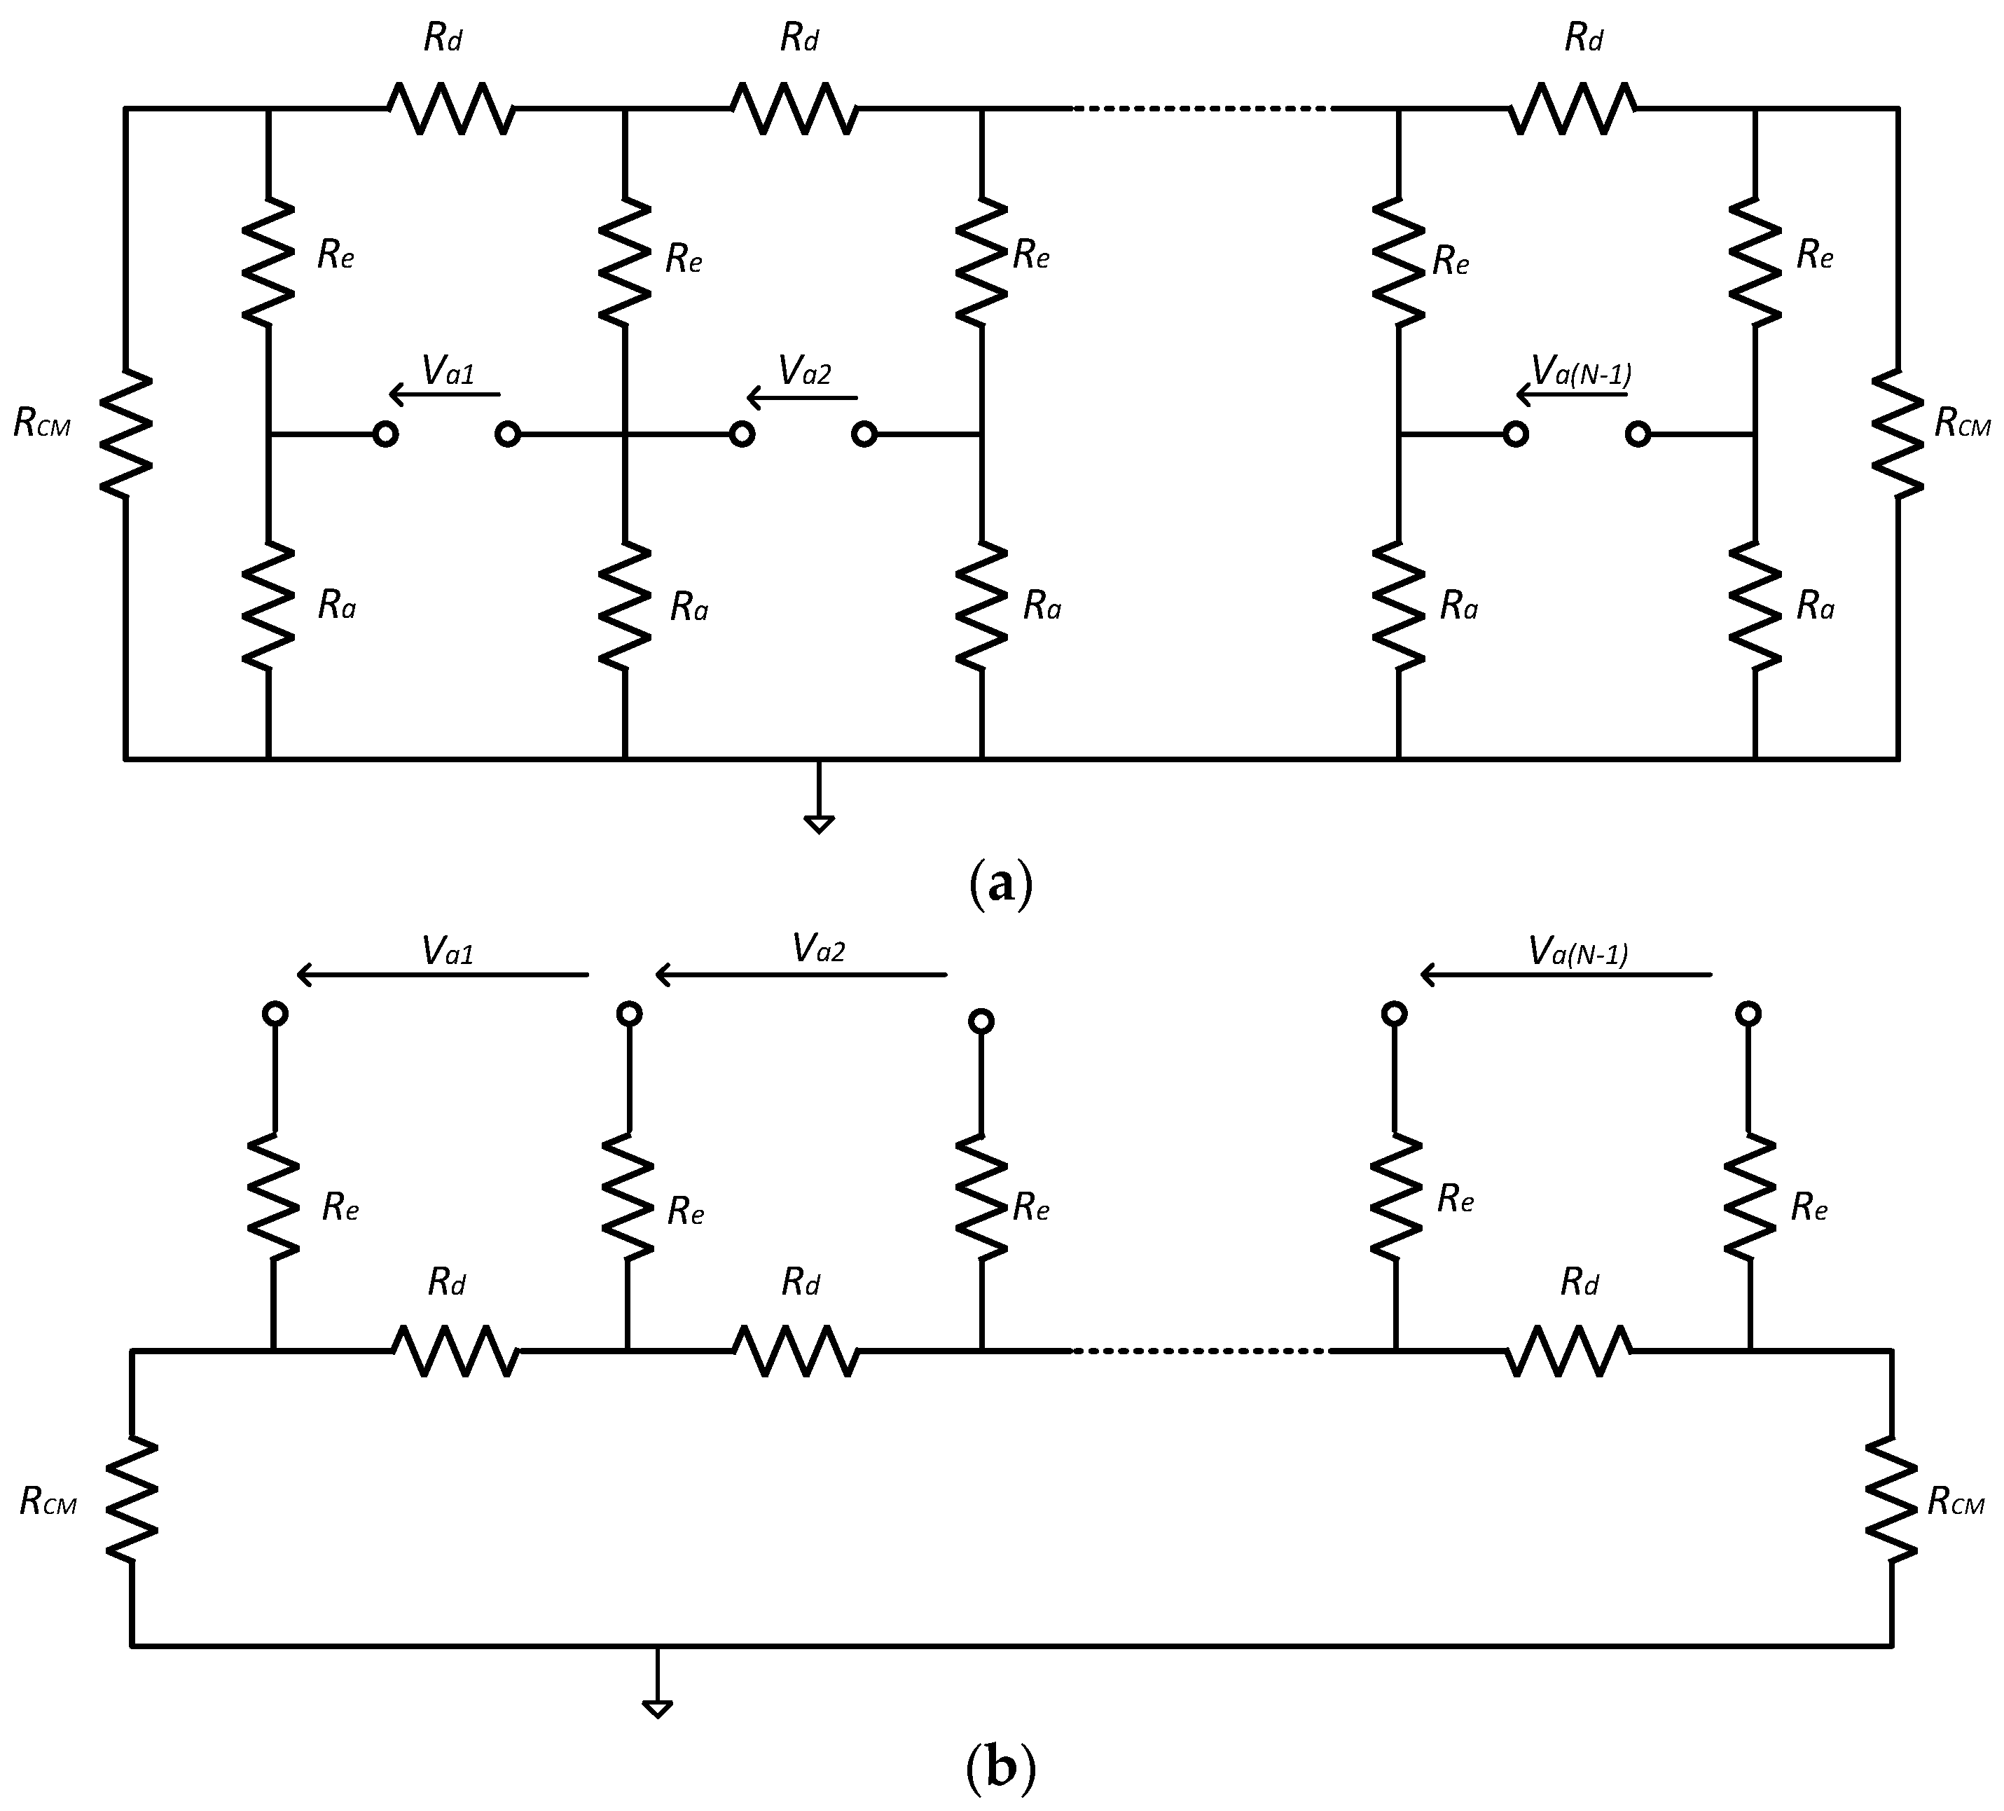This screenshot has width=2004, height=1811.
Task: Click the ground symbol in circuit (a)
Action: pos(819,821)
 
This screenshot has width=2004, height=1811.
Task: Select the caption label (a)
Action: pos(1000,883)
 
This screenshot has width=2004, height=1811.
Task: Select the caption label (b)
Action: pos(1000,1770)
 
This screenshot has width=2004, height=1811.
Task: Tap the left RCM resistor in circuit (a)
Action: pos(126,434)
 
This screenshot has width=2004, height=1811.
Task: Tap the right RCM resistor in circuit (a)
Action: pos(1897,434)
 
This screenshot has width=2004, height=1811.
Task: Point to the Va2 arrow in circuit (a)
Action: pos(801,399)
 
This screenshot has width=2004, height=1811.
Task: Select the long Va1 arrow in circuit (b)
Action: pos(443,975)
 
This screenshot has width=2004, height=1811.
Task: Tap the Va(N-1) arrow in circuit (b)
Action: pos(1566,975)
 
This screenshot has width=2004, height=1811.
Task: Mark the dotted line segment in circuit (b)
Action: pos(1201,1351)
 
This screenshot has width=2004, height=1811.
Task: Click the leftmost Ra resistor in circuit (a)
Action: pos(268,606)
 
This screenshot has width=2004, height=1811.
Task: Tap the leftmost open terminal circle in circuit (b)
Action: pos(275,1014)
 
